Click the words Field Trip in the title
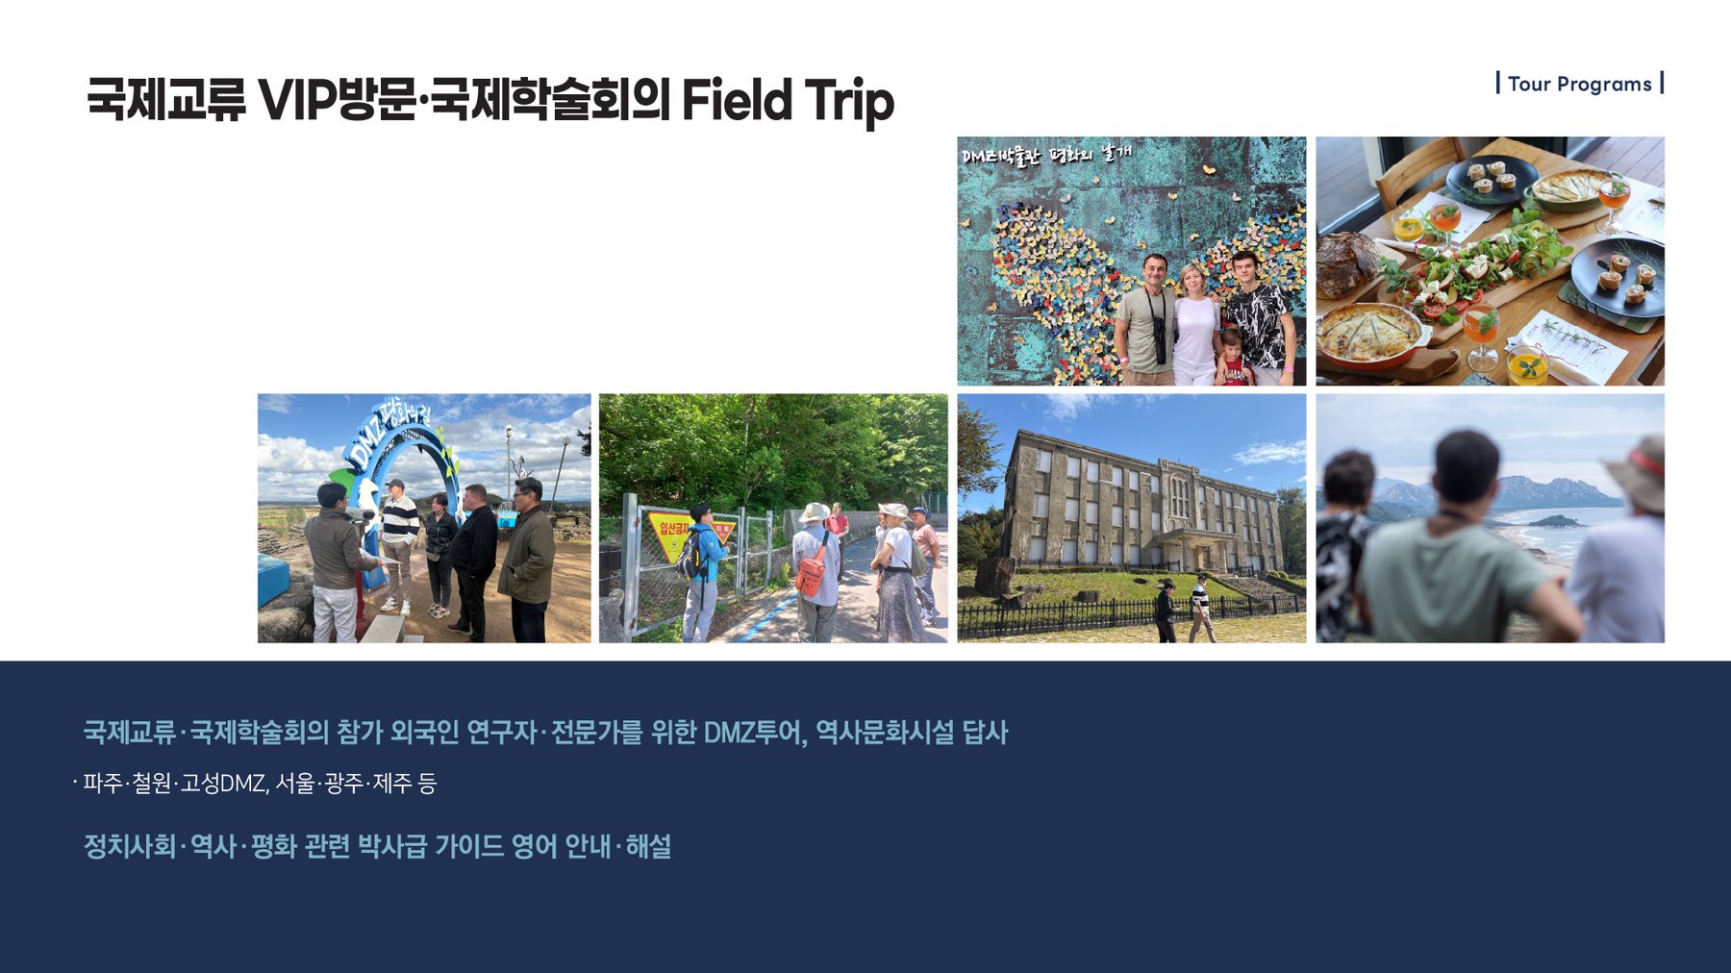[x=788, y=100]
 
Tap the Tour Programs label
[x=1579, y=84]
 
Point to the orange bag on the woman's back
[x=812, y=574]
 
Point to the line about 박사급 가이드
[x=377, y=847]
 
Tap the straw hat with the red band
[x=1640, y=473]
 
